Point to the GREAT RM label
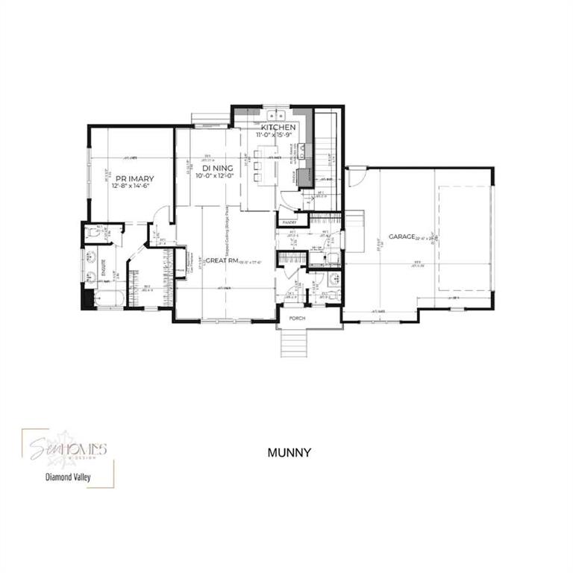222,260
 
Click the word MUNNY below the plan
288,452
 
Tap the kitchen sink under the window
277,115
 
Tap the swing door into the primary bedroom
159,216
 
